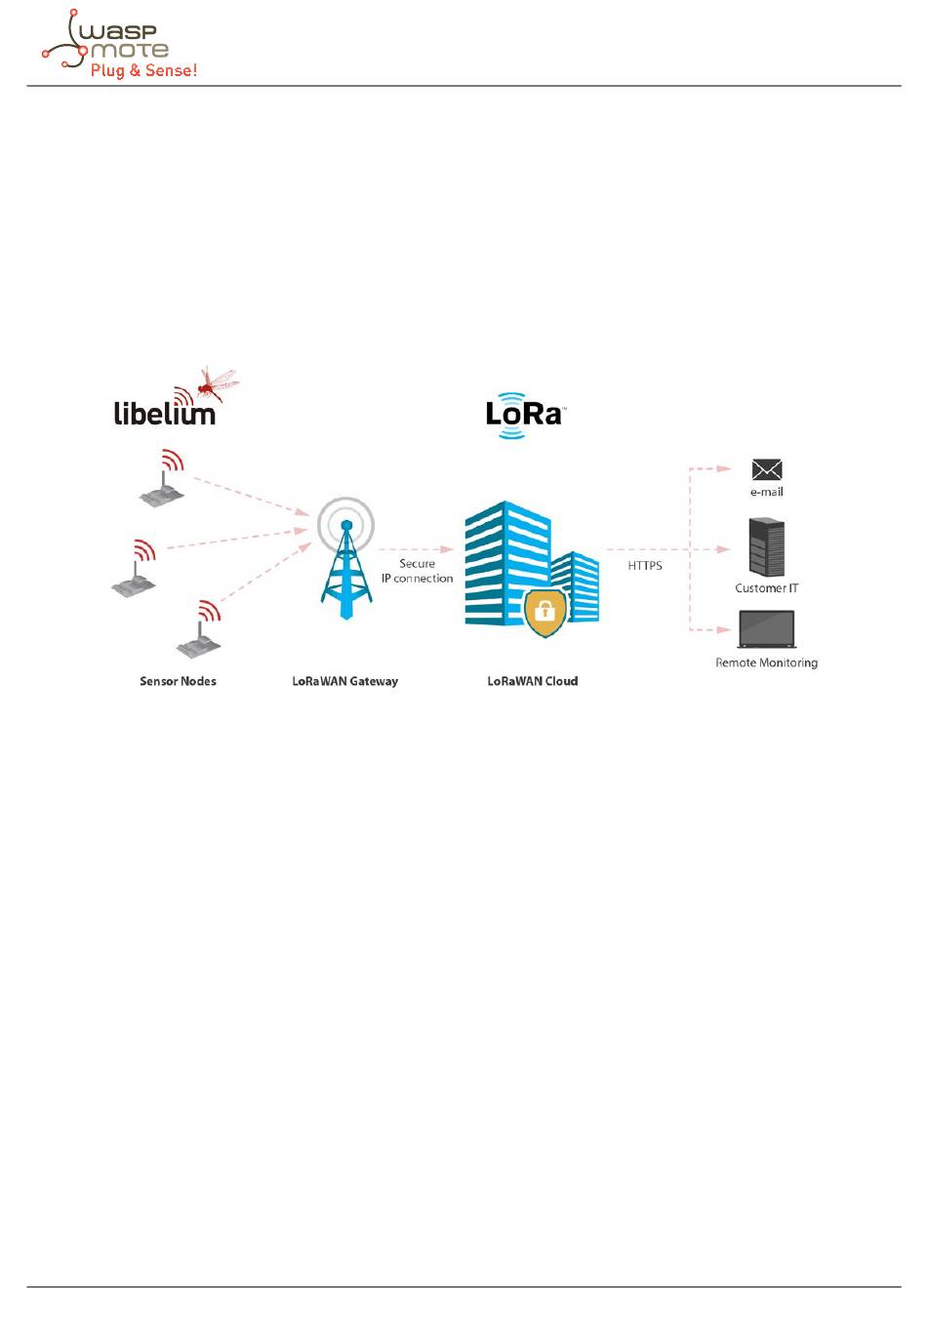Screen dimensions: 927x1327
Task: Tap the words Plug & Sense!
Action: click(143, 70)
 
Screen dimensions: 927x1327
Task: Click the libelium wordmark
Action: click(164, 414)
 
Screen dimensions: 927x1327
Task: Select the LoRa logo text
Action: click(524, 415)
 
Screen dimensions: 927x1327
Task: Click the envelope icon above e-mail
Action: click(767, 469)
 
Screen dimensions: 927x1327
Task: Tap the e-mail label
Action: click(767, 493)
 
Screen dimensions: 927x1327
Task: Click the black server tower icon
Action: click(766, 546)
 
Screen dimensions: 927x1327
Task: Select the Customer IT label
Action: click(766, 588)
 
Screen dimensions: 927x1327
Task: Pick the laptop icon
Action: click(767, 629)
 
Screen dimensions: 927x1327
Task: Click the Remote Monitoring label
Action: click(766, 663)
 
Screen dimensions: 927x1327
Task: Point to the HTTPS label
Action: click(645, 566)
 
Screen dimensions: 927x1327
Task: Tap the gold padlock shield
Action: click(544, 612)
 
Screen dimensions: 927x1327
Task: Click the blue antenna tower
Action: click(345, 566)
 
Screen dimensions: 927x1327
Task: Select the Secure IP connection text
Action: click(417, 571)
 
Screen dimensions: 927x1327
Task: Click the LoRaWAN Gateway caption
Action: click(345, 681)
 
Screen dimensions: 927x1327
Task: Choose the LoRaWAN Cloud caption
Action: click(533, 681)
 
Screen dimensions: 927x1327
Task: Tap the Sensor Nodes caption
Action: click(178, 681)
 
